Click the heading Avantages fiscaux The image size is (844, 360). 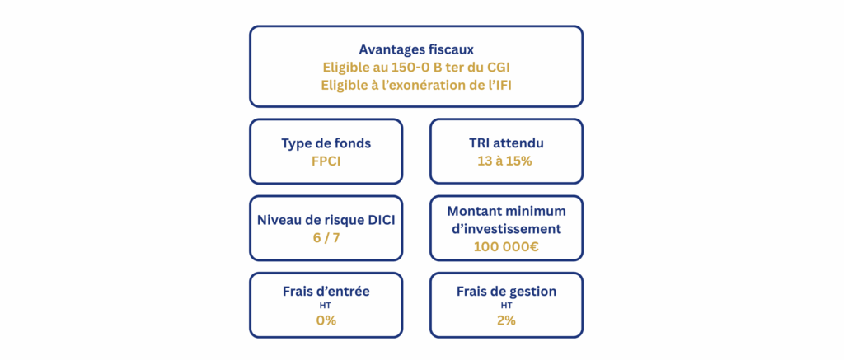point(416,50)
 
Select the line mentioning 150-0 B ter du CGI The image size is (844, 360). point(416,68)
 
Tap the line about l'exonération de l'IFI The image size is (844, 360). point(416,86)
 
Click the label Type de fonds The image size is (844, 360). point(326,143)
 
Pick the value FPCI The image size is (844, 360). point(326,161)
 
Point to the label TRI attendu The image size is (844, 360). point(506,143)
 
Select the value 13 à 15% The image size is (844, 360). point(506,161)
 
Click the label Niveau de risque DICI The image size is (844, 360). point(326,220)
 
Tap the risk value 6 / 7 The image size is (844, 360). point(326,238)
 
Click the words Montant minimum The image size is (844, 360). point(506,211)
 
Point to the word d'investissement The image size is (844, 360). point(506,229)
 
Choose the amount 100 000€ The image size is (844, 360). point(506,247)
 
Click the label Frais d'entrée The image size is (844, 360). point(326,291)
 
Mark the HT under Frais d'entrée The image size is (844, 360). point(326,306)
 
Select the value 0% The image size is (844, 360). point(326,320)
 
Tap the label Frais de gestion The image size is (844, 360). point(506,291)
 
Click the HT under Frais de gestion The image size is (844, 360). point(506,306)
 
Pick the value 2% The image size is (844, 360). point(506,320)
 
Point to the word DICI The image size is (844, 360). point(380,220)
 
